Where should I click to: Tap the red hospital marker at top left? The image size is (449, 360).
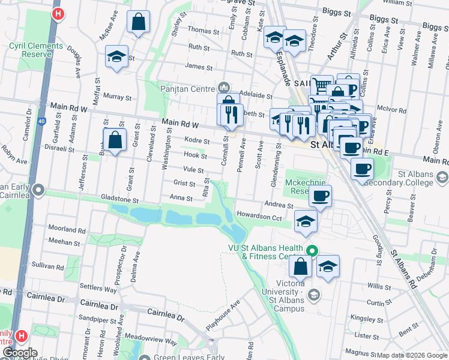pos(58,13)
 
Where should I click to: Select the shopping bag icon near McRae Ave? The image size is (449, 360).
pos(138,23)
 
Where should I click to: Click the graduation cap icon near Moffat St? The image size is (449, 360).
pos(116,57)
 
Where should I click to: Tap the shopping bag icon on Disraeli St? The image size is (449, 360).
pos(115,141)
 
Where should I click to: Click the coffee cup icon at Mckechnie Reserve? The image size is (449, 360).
pos(320,195)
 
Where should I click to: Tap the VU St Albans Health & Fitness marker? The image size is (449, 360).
pos(312,250)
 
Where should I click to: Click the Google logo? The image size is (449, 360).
pos(19,352)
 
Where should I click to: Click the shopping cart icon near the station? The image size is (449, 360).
pos(322,86)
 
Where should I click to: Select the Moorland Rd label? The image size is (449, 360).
pos(67,230)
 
